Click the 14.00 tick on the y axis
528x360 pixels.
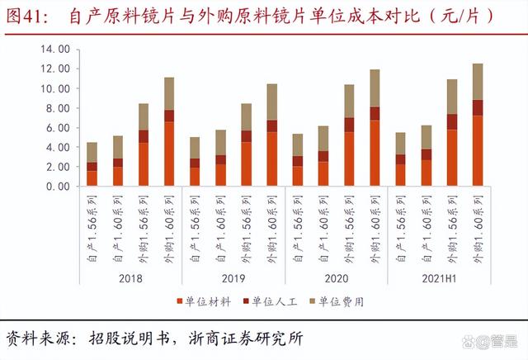(54, 49)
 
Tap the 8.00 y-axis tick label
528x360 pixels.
(56, 108)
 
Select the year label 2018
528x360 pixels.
(130, 277)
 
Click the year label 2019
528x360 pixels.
(233, 277)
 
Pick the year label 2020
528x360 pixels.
(336, 277)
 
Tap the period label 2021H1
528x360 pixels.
(438, 277)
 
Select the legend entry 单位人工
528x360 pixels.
(273, 301)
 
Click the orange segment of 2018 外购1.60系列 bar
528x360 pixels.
(168, 154)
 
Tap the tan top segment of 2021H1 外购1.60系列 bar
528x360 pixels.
(478, 82)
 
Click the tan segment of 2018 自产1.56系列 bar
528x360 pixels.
(92, 152)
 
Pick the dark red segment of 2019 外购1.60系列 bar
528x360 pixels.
(272, 126)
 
